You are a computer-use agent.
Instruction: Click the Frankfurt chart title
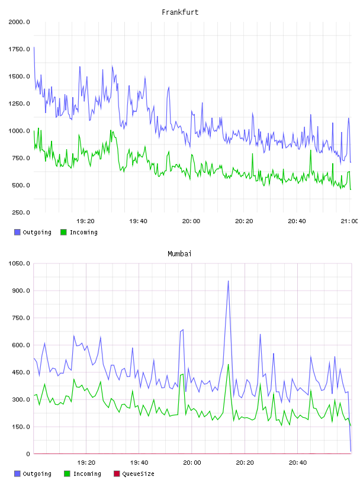tap(180, 12)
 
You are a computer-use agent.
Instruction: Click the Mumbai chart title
tap(179, 254)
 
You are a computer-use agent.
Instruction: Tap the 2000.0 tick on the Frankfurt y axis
tap(19, 22)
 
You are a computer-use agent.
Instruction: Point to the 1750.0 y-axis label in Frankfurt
tap(19, 49)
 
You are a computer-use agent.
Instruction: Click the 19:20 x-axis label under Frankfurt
tap(85, 221)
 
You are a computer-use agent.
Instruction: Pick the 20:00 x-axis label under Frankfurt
tap(191, 221)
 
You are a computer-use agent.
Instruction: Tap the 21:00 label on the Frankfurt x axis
tap(349, 221)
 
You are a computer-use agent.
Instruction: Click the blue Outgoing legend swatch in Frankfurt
tap(17, 232)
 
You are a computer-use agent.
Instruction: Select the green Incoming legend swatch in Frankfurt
tap(63, 232)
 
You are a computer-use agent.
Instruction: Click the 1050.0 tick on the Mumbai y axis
tap(19, 263)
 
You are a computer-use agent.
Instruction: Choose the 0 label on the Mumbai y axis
tap(28, 454)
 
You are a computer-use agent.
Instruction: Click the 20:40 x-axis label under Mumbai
tap(298, 463)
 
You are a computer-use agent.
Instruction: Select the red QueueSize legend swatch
tap(117, 474)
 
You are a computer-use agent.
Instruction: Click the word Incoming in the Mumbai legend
tap(87, 474)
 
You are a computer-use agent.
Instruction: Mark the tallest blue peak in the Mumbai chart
tap(228, 281)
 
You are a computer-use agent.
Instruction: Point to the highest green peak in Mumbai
tap(228, 365)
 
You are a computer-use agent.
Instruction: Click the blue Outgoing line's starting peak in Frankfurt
tap(34, 47)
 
